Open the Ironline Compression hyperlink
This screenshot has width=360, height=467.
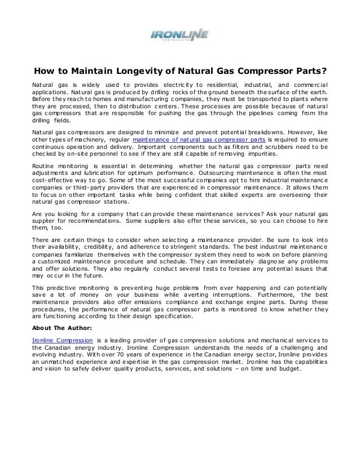[x=62, y=341]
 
